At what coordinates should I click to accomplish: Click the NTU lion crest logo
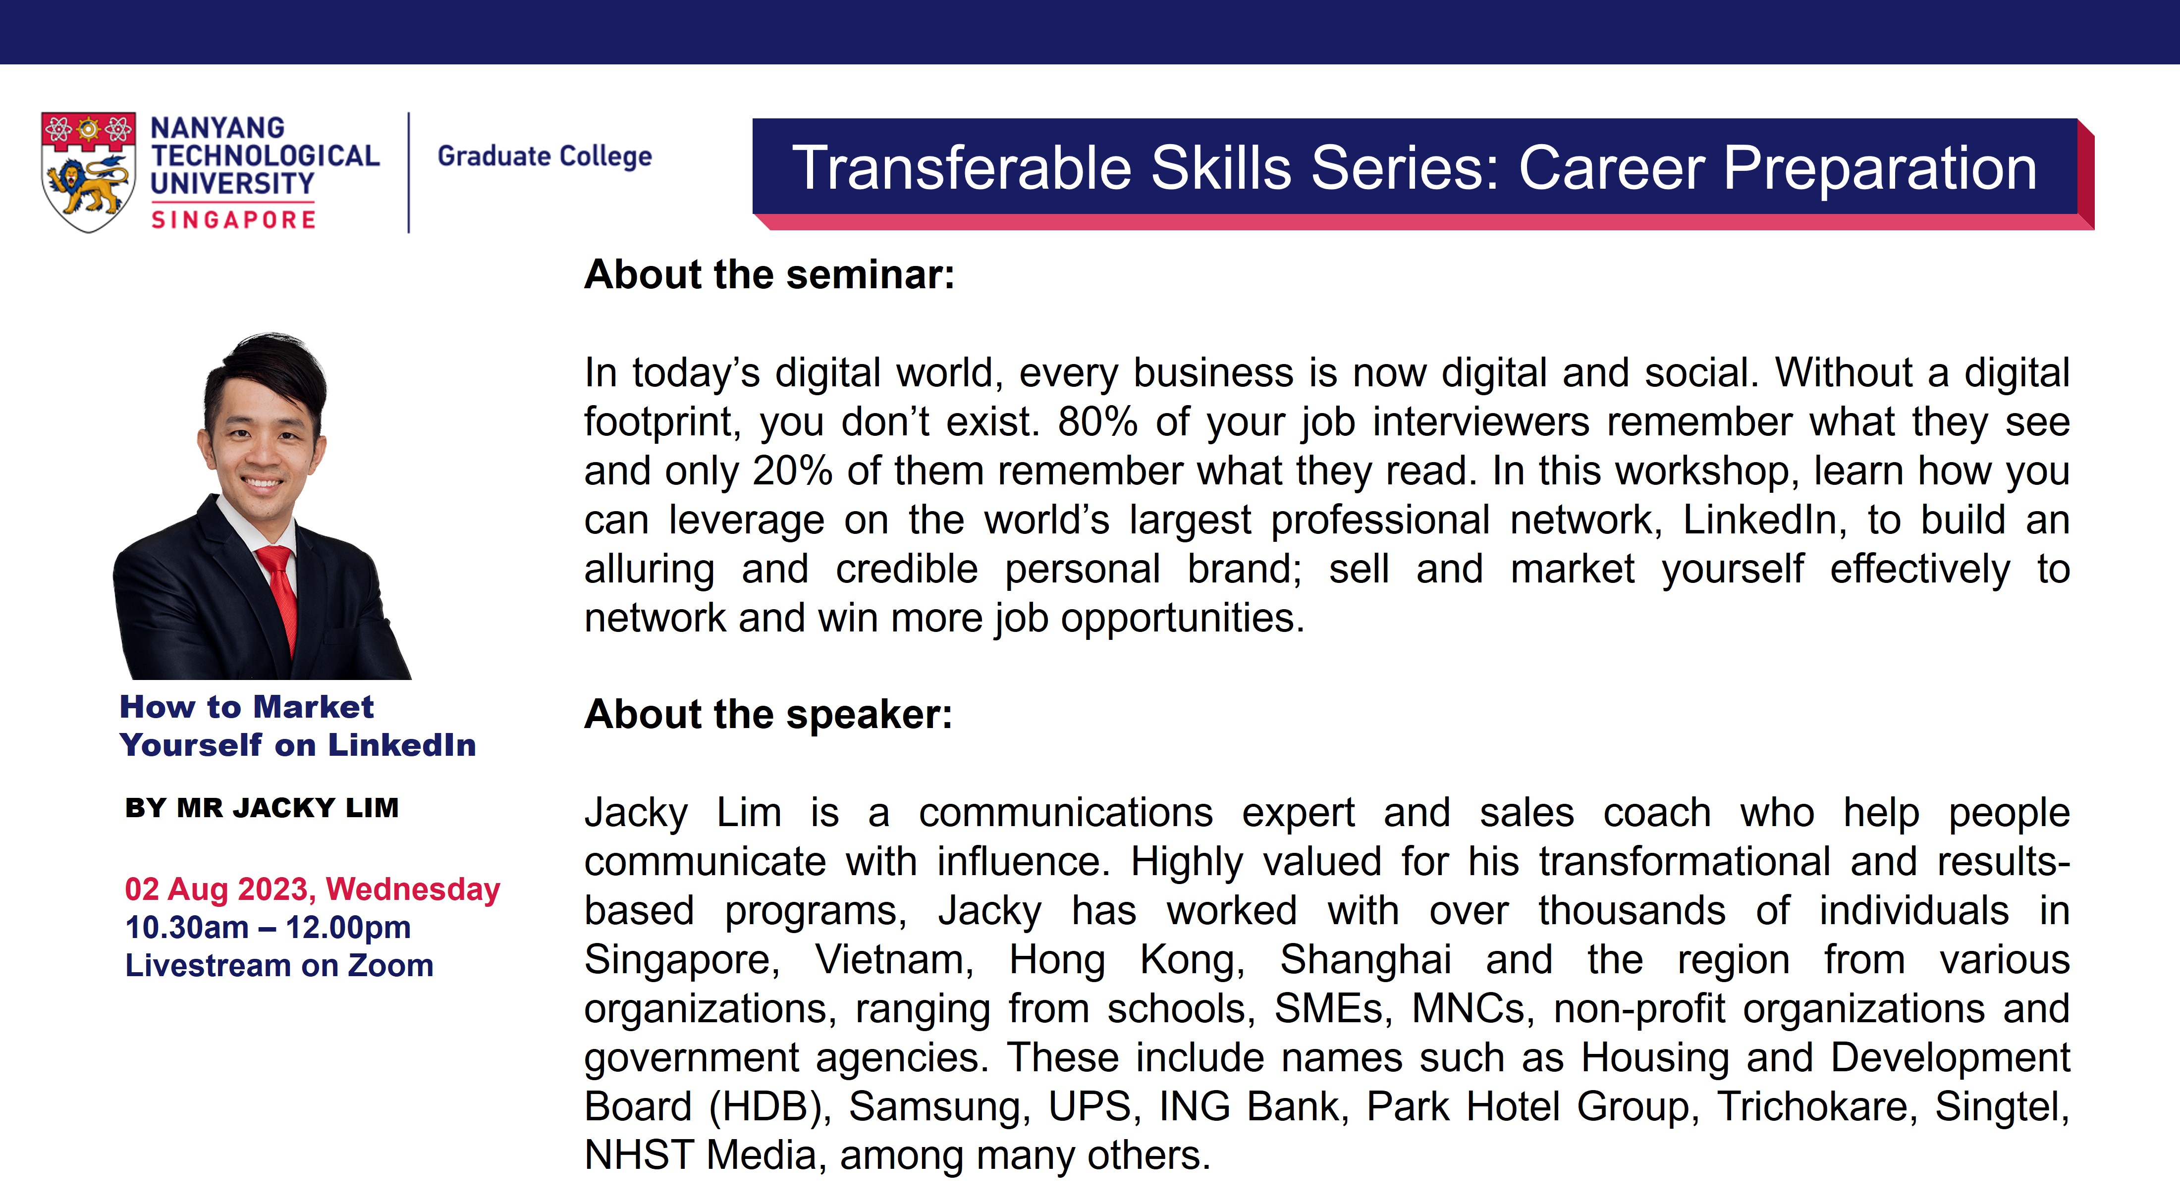(88, 172)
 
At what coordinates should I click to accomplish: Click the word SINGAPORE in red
(233, 220)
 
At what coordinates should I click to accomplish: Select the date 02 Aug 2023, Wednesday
(312, 889)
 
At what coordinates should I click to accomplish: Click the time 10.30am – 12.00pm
(268, 927)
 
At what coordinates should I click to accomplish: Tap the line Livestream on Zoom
(279, 965)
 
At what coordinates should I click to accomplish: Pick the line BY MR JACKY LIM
(262, 808)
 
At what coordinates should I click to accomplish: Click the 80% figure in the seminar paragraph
(1097, 421)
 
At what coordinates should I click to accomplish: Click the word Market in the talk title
(313, 706)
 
